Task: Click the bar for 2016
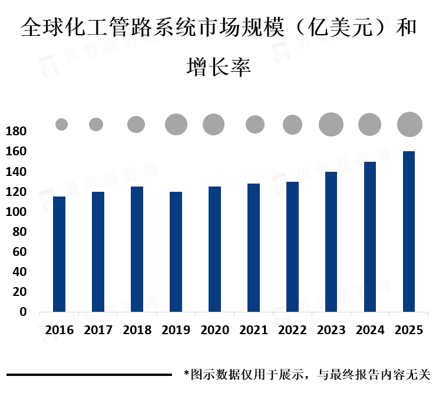click(59, 254)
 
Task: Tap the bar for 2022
click(292, 247)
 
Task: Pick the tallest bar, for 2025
click(409, 231)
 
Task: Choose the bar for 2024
click(370, 237)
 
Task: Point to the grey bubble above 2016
click(62, 124)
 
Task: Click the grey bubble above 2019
click(176, 124)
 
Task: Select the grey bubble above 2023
click(331, 124)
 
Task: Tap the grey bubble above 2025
click(409, 124)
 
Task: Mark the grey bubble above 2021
click(255, 124)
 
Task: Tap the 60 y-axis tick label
click(19, 252)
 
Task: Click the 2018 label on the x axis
click(137, 330)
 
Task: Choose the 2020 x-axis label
click(214, 330)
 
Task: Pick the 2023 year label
click(331, 330)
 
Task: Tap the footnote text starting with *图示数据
click(307, 374)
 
